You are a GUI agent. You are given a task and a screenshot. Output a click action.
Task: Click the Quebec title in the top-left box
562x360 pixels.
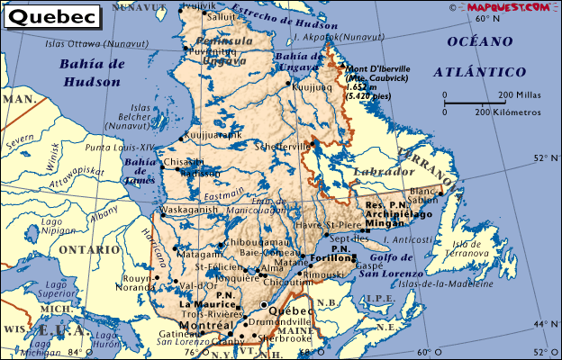(47, 16)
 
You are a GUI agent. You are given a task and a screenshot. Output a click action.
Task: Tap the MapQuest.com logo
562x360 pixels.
(507, 6)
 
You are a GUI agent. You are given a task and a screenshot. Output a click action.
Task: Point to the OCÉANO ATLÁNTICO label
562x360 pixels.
(477, 56)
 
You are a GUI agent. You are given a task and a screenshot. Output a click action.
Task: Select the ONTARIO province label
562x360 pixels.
(87, 249)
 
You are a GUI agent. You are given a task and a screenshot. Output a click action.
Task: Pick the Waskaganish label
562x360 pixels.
(189, 209)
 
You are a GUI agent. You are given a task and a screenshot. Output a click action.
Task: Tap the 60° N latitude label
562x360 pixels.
(487, 18)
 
